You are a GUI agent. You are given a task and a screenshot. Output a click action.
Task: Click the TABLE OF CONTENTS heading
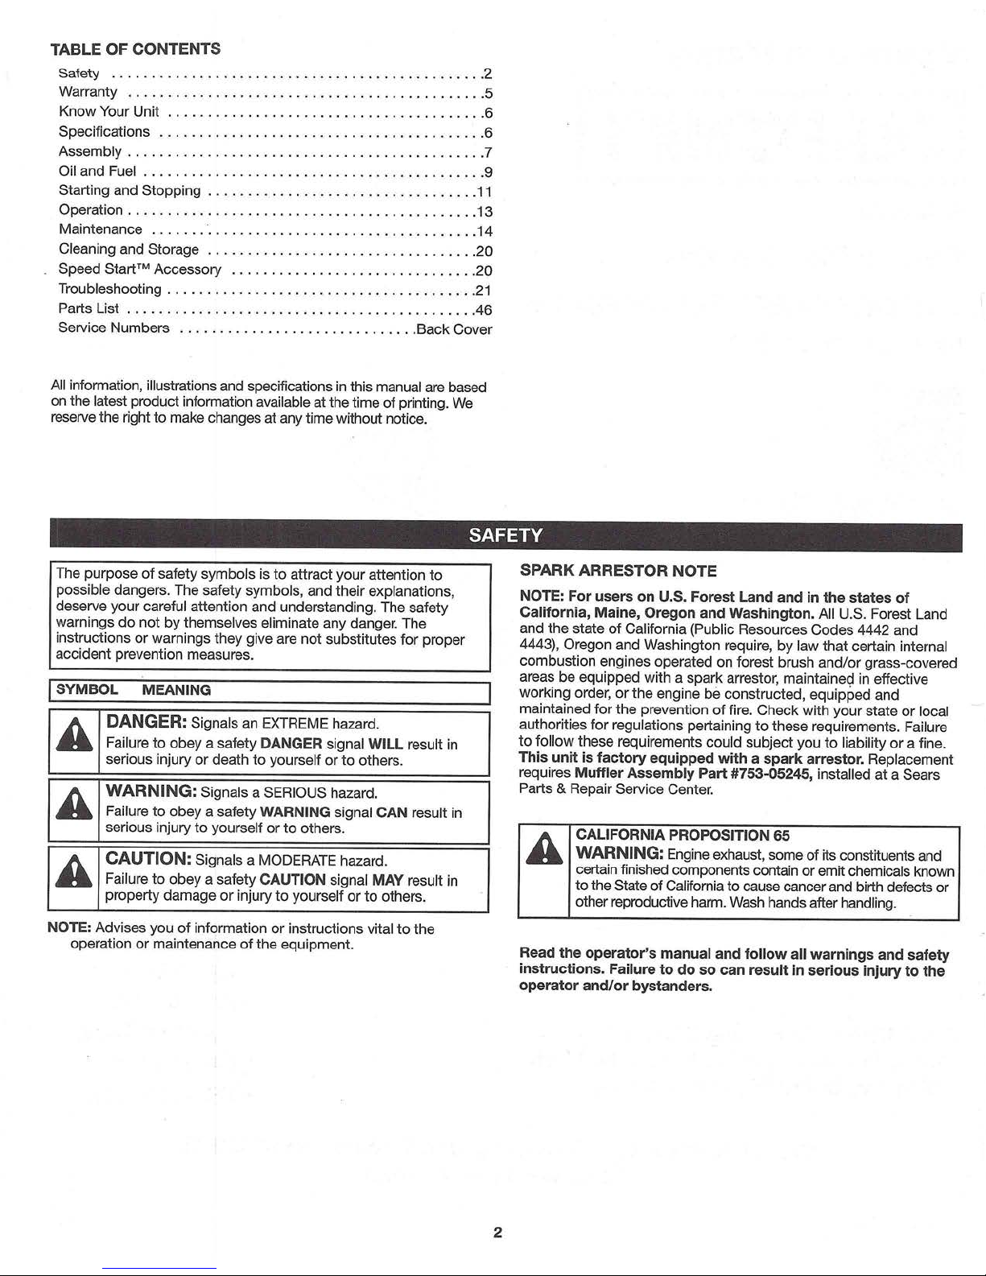coord(135,49)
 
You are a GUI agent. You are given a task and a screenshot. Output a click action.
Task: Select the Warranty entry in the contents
coord(88,92)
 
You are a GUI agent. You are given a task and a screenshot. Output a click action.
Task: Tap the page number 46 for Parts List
coord(484,310)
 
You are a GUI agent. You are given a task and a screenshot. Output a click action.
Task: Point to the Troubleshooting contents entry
coord(109,289)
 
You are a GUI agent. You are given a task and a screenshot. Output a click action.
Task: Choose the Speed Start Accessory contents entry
coord(140,270)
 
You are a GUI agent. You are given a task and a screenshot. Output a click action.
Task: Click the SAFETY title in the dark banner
coord(505,536)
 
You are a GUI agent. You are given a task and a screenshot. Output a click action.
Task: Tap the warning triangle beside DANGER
coord(74,736)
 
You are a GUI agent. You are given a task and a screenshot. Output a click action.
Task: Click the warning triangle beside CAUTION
coord(74,874)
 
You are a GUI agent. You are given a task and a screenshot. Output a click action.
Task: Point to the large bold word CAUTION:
coord(148,859)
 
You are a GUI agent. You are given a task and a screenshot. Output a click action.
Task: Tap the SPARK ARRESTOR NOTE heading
coord(617,571)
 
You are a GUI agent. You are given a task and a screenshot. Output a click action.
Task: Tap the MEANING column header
coord(175,690)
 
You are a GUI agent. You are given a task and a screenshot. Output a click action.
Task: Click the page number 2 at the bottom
coord(497,1233)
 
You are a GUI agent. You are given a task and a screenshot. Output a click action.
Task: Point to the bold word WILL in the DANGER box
coord(385,745)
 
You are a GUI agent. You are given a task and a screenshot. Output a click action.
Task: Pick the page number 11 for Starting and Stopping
coord(483,192)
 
